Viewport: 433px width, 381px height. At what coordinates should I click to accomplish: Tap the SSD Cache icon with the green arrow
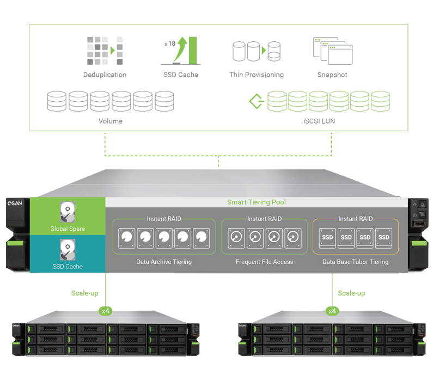click(x=182, y=51)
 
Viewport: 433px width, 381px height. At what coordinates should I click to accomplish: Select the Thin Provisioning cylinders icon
click(x=256, y=51)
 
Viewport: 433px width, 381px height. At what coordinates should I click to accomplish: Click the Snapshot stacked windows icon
click(x=333, y=51)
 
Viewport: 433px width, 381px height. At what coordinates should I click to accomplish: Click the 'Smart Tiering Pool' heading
click(x=256, y=202)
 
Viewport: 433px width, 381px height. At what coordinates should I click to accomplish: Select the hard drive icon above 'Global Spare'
click(x=68, y=212)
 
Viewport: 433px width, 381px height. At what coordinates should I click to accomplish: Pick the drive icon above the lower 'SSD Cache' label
click(x=68, y=250)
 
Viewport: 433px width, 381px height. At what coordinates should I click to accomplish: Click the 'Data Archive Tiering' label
click(x=164, y=262)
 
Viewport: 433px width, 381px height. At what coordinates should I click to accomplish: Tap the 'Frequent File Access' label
click(x=265, y=262)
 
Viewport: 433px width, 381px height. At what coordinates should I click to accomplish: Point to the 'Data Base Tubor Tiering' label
click(x=355, y=262)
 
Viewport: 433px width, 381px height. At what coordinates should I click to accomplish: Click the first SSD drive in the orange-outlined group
click(x=327, y=237)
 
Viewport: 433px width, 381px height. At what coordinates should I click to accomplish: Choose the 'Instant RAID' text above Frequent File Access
click(x=265, y=219)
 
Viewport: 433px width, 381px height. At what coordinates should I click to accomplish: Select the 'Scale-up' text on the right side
click(x=351, y=293)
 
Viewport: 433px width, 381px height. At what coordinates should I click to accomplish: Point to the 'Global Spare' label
click(x=68, y=229)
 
